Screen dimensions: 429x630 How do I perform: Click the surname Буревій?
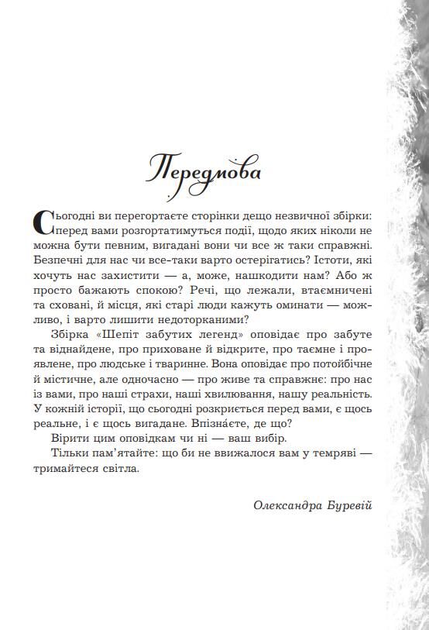pos(349,505)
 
